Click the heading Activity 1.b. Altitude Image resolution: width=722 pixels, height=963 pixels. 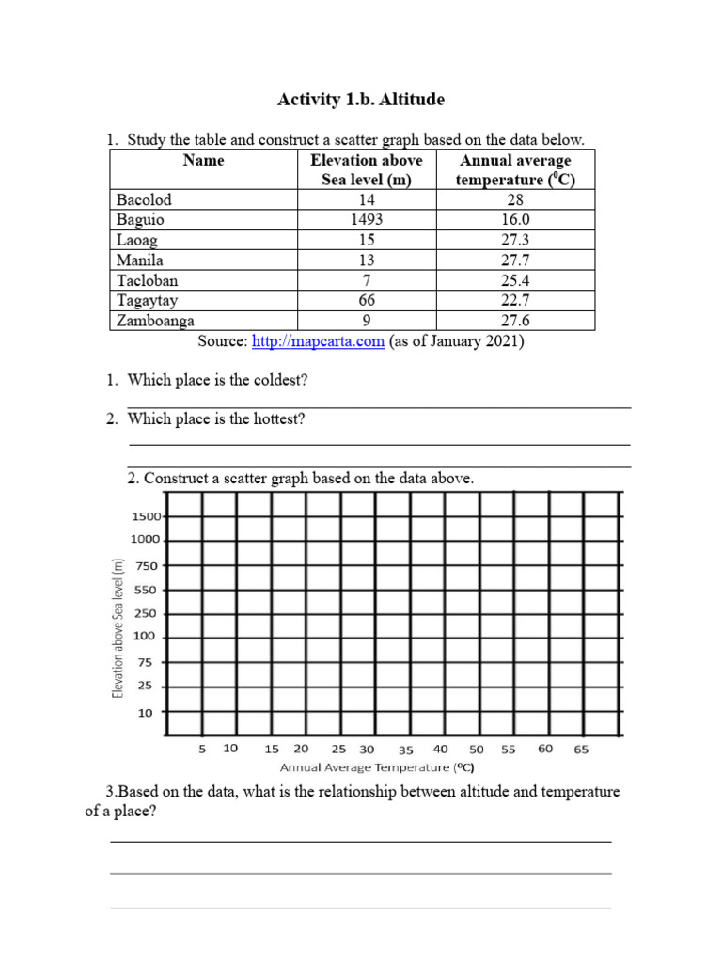(x=360, y=99)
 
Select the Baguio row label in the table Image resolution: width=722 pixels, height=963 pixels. (x=140, y=219)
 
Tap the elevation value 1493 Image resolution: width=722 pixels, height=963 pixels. (x=366, y=219)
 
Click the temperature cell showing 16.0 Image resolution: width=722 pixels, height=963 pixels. (x=514, y=219)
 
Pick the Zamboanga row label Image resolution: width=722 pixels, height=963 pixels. (x=155, y=321)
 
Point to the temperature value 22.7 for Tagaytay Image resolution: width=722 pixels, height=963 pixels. (x=514, y=300)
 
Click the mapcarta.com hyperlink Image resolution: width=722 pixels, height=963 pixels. (x=318, y=341)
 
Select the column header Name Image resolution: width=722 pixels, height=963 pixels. (x=204, y=160)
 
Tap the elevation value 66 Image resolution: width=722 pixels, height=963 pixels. (x=366, y=300)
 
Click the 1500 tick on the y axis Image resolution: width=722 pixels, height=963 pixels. (x=146, y=516)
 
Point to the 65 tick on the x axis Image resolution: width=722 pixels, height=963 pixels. (x=580, y=750)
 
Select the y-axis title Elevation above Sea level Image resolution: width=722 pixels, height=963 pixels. (x=118, y=628)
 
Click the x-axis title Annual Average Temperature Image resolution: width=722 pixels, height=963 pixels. (x=376, y=766)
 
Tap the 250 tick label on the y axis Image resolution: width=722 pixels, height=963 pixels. (x=146, y=613)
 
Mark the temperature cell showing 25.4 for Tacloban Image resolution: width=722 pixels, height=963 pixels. (x=514, y=280)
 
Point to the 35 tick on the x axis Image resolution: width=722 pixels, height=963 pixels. (x=405, y=750)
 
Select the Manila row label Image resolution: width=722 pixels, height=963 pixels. (x=140, y=260)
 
